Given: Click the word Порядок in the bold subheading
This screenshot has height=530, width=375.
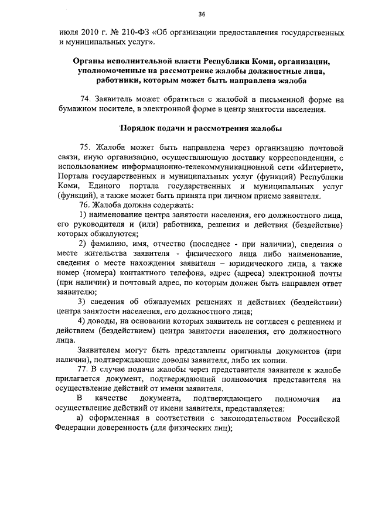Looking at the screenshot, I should [x=139, y=128].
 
